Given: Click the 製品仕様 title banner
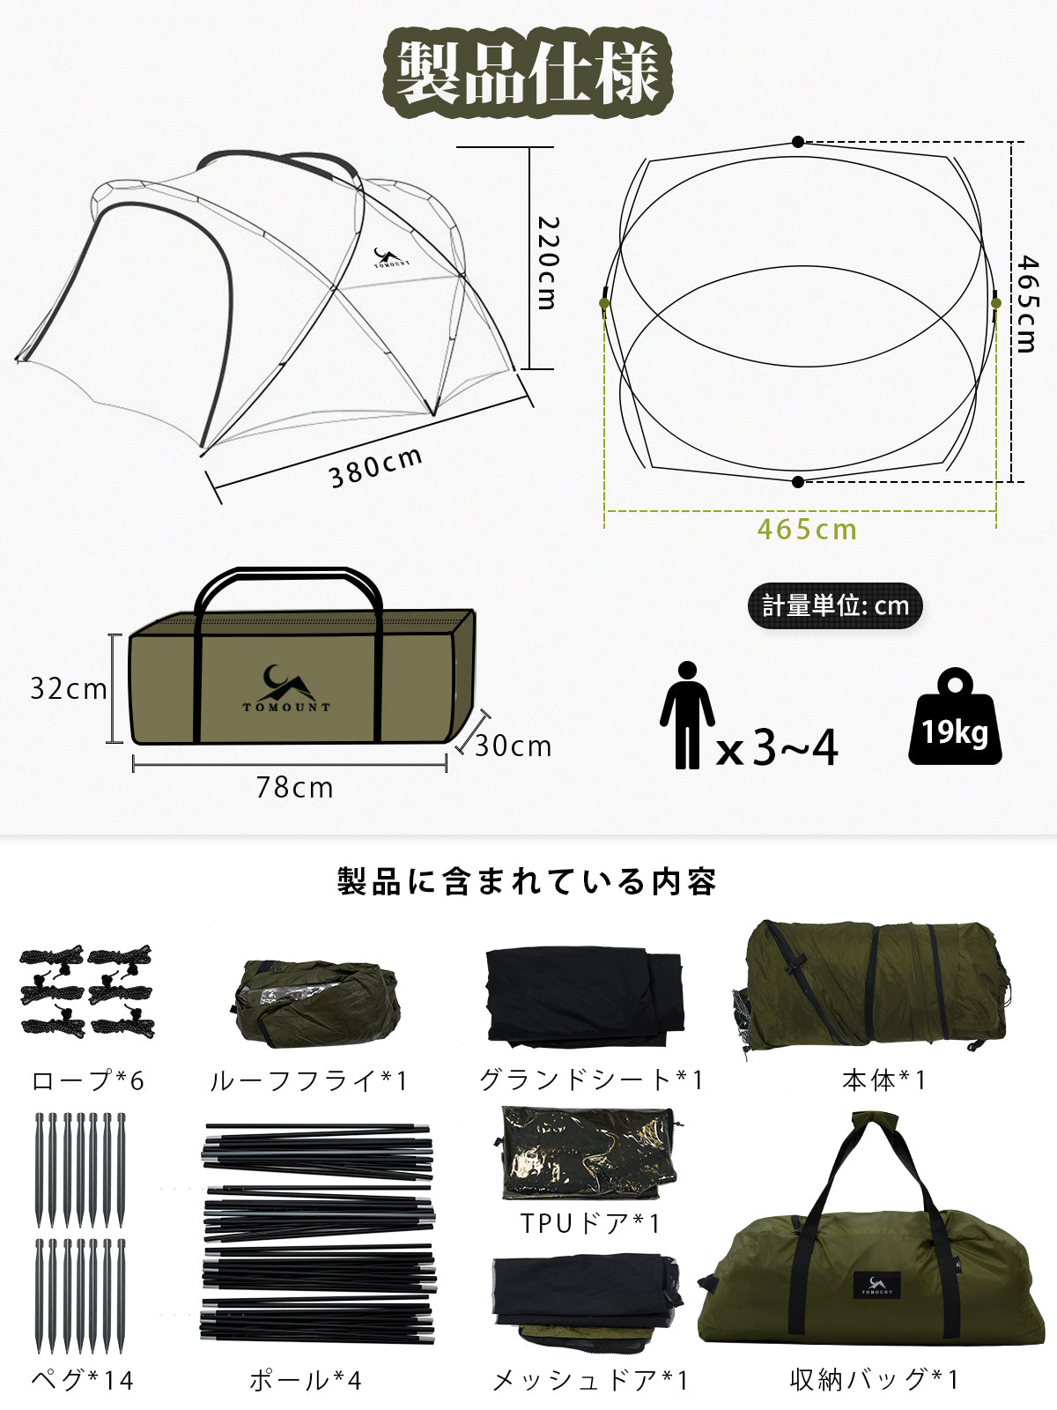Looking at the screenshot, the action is click(528, 72).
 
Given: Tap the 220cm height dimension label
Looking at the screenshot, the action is click(547, 263).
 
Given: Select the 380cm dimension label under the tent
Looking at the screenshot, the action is click(375, 466).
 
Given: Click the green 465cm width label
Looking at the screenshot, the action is click(807, 530).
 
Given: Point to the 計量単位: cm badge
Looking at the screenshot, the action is click(835, 605).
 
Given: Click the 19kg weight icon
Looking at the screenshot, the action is click(955, 716).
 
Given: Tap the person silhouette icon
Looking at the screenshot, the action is click(687, 715).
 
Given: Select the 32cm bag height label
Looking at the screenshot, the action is click(69, 688).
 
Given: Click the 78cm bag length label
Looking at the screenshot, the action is click(294, 788).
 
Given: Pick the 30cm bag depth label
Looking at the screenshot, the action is click(513, 746).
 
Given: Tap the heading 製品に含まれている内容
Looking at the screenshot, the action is click(527, 880).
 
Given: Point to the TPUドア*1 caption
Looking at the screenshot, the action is click(590, 1223).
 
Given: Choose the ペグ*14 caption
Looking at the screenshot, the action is click(83, 1380).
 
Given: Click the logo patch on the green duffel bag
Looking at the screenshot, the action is click(876, 1285).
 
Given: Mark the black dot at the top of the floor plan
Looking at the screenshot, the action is click(798, 142).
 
